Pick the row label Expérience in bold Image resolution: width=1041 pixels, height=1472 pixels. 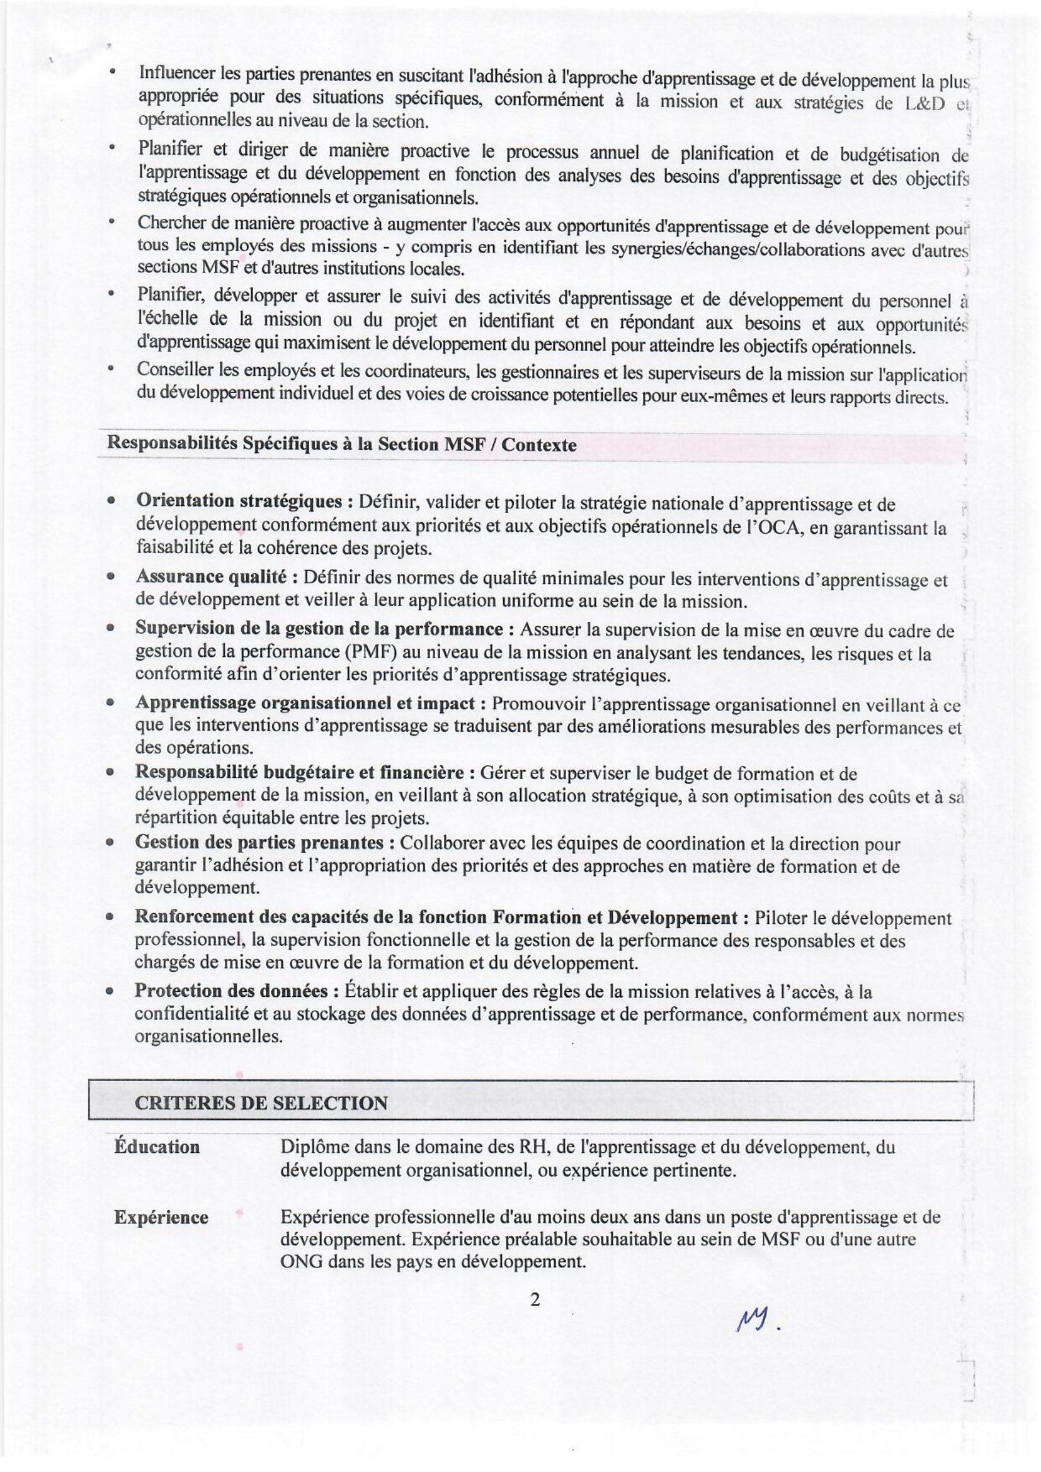click(x=161, y=1218)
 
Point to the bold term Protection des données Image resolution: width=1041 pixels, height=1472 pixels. click(x=232, y=991)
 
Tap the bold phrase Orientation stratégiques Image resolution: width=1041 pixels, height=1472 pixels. click(x=239, y=501)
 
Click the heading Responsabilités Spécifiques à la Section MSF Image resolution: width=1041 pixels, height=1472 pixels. click(x=341, y=444)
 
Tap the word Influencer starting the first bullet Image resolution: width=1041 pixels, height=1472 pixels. click(x=176, y=73)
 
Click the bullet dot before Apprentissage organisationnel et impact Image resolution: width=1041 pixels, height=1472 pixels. click(x=111, y=704)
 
